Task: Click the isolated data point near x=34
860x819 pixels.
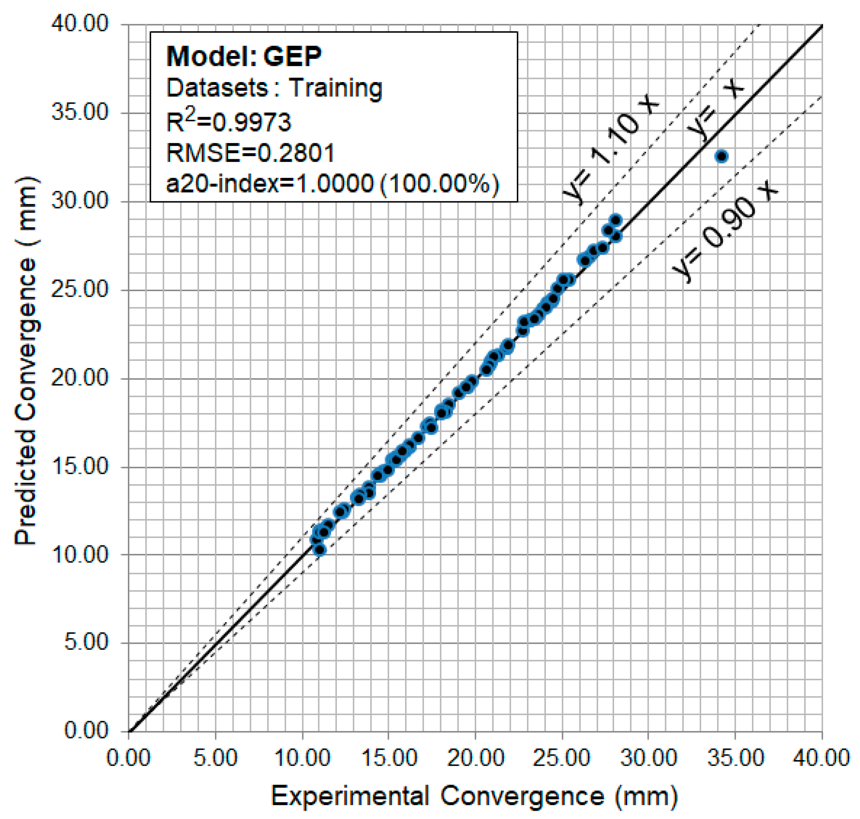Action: [x=721, y=156]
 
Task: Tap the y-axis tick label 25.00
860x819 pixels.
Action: [x=80, y=289]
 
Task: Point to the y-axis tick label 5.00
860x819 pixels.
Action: [x=86, y=642]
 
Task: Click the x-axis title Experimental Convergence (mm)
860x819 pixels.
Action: [x=474, y=796]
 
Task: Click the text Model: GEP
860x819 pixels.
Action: [x=244, y=56]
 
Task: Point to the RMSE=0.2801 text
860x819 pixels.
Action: [x=250, y=153]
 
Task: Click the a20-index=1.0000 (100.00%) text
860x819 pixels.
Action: [x=332, y=183]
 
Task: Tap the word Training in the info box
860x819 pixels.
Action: [x=335, y=88]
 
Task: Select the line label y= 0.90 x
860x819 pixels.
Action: [x=725, y=231]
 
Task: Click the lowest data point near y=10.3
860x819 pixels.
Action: [x=320, y=549]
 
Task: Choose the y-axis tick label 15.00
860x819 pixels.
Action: [x=80, y=466]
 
